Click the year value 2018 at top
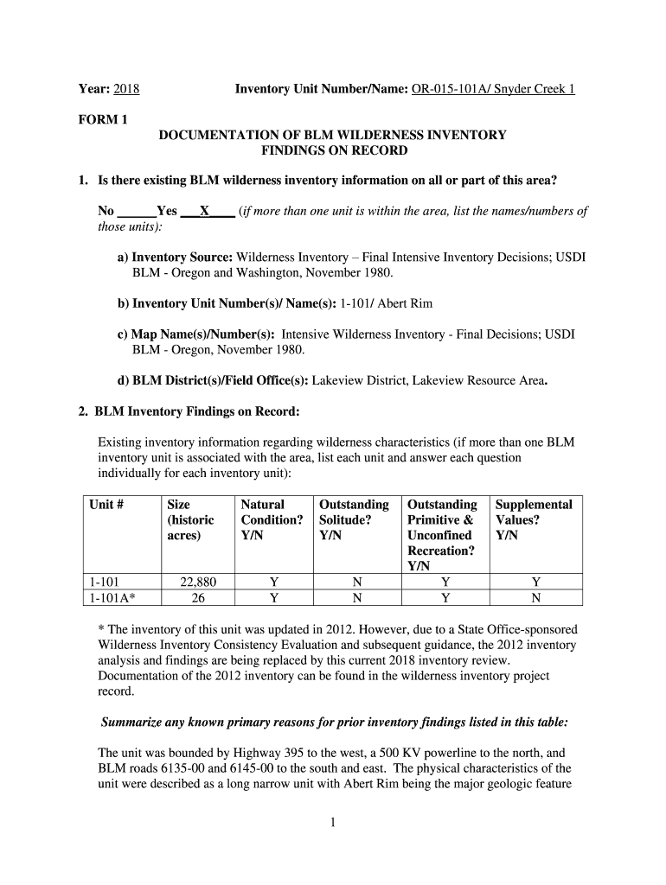(126, 89)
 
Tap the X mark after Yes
(204, 211)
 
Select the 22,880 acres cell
(195, 582)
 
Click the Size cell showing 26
(195, 597)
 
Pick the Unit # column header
(107, 504)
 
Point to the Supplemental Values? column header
(534, 519)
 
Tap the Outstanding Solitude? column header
(354, 519)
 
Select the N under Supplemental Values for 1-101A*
(535, 597)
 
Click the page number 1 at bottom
(332, 822)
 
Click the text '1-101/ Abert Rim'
(386, 303)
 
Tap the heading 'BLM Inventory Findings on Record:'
(196, 411)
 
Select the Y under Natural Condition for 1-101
(273, 582)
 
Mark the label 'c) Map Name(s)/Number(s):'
(196, 334)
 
